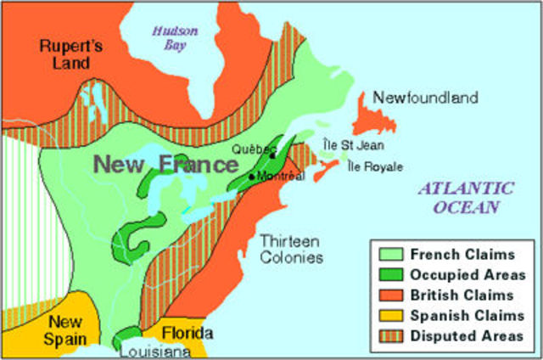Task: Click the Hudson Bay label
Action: pyautogui.click(x=175, y=38)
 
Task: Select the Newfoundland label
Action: pyautogui.click(x=425, y=98)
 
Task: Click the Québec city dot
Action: pyautogui.click(x=272, y=155)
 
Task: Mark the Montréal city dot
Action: pyautogui.click(x=251, y=177)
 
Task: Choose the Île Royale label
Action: pyautogui.click(x=375, y=166)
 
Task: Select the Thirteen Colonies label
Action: pyautogui.click(x=291, y=248)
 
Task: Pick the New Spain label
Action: pyautogui.click(x=65, y=330)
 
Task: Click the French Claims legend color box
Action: pyautogui.click(x=389, y=254)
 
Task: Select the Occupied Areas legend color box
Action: pyautogui.click(x=389, y=274)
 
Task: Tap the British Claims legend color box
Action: pyautogui.click(x=389, y=295)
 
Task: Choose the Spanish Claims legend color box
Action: pyautogui.click(x=389, y=315)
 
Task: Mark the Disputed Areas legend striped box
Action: pyautogui.click(x=389, y=335)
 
